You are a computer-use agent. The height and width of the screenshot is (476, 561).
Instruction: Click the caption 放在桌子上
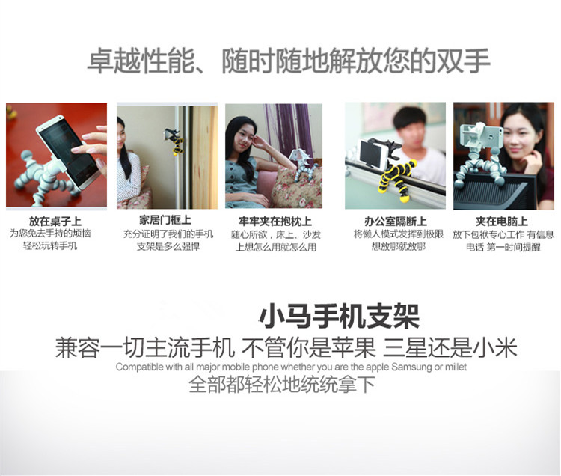click(x=55, y=222)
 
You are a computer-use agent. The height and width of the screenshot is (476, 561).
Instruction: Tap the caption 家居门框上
click(x=165, y=220)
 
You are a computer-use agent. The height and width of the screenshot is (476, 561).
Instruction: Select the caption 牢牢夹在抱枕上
click(x=275, y=222)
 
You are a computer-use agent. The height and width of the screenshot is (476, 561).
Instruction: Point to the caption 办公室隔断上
click(x=396, y=222)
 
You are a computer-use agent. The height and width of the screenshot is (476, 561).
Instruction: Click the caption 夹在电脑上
click(x=502, y=222)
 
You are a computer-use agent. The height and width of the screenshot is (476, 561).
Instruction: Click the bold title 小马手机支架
click(x=340, y=317)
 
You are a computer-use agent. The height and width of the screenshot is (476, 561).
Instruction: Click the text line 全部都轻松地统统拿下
click(x=282, y=385)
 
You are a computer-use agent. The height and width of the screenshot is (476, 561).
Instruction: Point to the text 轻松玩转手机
click(x=50, y=246)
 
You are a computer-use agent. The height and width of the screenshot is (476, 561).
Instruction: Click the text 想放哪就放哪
click(x=399, y=246)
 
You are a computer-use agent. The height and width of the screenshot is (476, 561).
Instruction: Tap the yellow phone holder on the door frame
click(x=175, y=140)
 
